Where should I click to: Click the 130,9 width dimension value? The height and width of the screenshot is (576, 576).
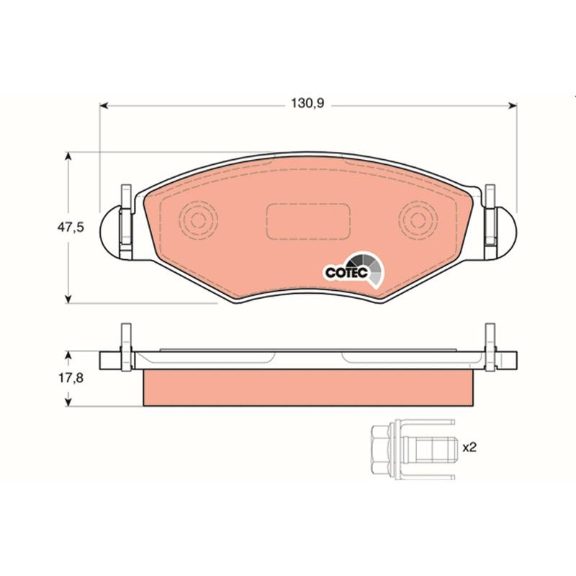[x=307, y=103]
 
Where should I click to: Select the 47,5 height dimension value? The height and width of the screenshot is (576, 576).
[x=71, y=228]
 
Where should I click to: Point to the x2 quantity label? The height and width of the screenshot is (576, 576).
[x=469, y=447]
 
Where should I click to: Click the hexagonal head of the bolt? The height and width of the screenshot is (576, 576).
[x=382, y=449]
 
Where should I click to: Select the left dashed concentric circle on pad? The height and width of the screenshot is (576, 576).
[x=198, y=220]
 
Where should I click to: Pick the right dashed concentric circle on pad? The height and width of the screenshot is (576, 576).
[x=418, y=220]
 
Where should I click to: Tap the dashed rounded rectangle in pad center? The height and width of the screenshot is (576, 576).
[x=308, y=221]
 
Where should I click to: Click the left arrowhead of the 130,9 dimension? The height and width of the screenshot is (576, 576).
[x=104, y=106]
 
